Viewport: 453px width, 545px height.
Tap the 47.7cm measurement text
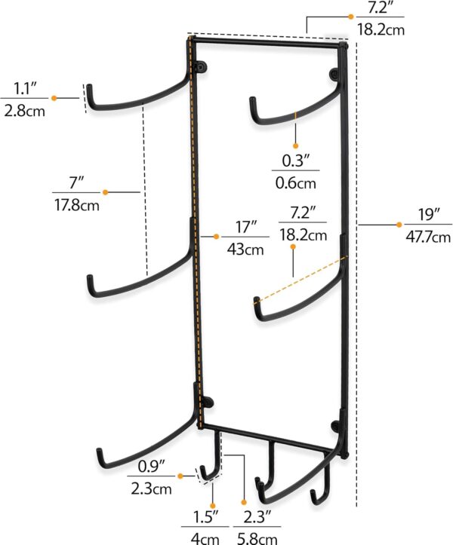[x=428, y=236]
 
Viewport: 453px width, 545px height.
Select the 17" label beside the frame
[x=245, y=226]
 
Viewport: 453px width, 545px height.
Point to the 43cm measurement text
[x=245, y=249]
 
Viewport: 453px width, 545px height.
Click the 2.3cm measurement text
[x=151, y=488]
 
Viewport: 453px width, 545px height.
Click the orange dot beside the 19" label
[x=399, y=224]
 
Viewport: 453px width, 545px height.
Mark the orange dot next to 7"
[x=106, y=193]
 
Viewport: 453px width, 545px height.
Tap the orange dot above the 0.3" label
[x=295, y=145]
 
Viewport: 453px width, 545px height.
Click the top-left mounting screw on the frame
[x=201, y=69]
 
